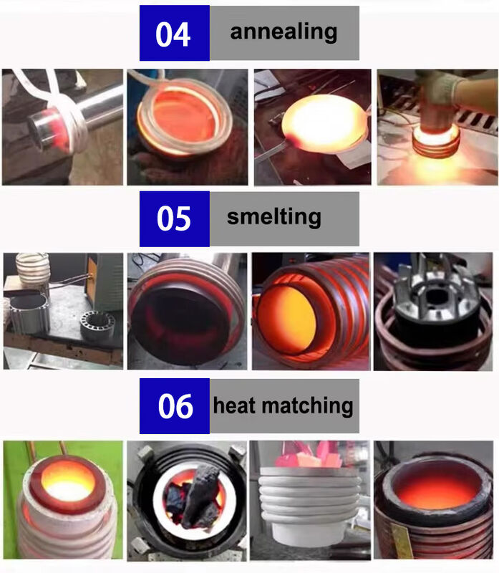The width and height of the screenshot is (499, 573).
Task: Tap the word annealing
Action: (x=284, y=32)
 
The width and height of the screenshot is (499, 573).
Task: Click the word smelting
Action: (x=273, y=217)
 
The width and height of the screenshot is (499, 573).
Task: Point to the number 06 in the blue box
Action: (x=175, y=406)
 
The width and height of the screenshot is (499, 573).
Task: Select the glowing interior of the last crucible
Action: (x=433, y=488)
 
